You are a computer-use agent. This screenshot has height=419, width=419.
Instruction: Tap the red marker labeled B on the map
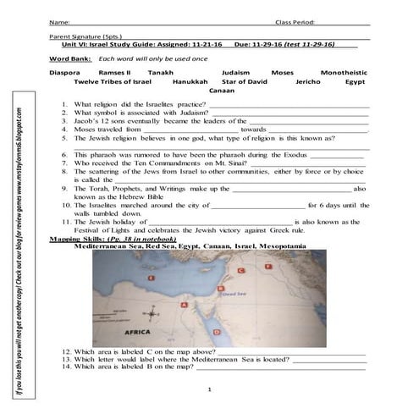221,288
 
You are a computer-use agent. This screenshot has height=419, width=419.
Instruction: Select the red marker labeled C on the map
241,269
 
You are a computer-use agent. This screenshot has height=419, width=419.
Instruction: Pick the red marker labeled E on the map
151,278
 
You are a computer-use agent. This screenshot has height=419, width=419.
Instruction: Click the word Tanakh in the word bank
171,73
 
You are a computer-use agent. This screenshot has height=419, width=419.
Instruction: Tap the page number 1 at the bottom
209,390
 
